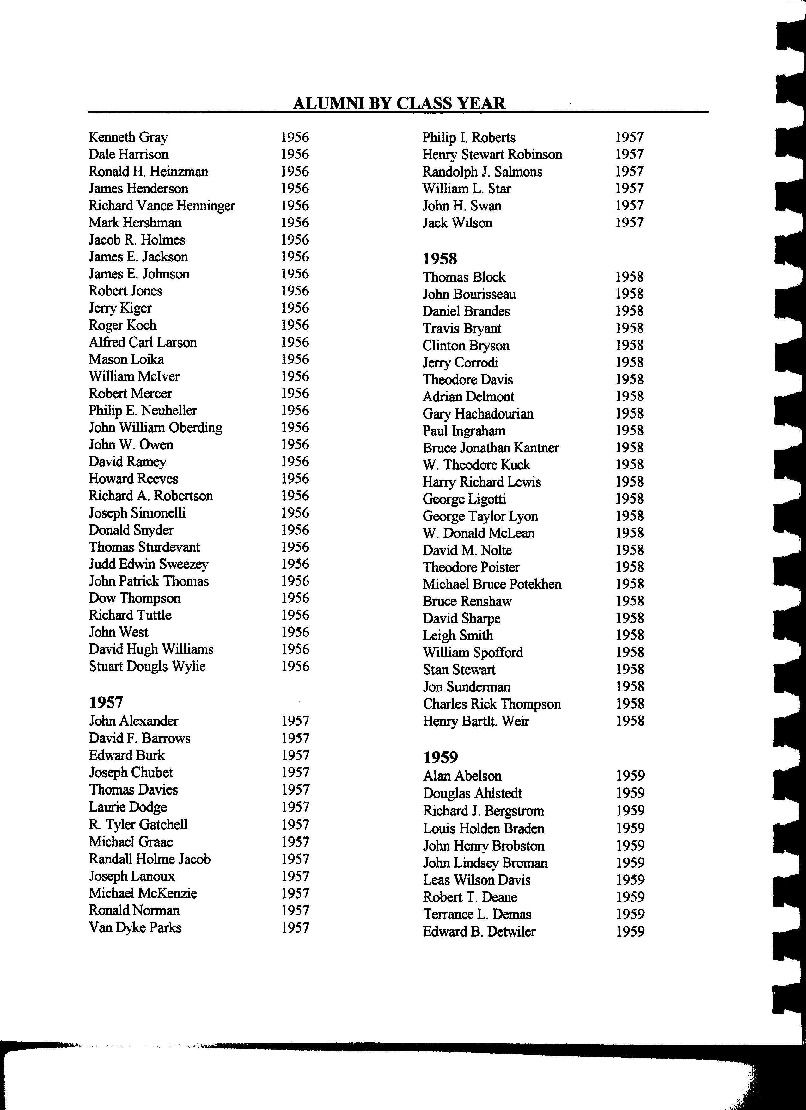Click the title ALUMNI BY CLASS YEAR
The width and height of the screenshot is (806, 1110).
(399, 103)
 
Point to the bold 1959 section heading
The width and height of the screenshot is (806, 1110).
(440, 757)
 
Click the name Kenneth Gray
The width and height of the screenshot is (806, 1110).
(128, 138)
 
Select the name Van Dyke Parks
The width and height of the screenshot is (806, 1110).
(135, 927)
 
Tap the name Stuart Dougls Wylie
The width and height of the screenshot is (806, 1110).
(147, 666)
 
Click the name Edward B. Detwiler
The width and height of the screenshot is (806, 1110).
(479, 931)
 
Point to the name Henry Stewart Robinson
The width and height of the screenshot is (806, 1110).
(492, 155)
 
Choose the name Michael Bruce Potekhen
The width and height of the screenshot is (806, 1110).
(492, 584)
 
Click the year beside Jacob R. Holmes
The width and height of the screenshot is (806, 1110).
(295, 240)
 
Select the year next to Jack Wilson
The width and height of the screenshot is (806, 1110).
(629, 223)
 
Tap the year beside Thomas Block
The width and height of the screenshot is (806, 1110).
(629, 277)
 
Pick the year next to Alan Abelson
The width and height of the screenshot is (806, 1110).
(630, 776)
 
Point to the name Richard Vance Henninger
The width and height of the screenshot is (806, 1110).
(162, 206)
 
